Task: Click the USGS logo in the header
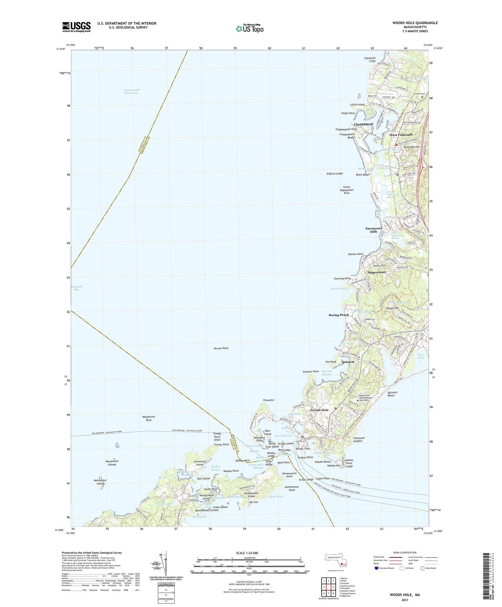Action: (x=76, y=26)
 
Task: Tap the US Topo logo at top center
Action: (x=249, y=28)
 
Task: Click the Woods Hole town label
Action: (x=319, y=410)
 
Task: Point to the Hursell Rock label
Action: (x=221, y=348)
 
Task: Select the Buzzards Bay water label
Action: (x=76, y=288)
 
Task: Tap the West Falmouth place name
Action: (x=401, y=135)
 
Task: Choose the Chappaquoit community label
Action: (x=363, y=124)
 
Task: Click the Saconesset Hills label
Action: (x=373, y=230)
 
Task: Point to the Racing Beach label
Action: (x=339, y=315)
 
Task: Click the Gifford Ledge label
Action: (x=335, y=173)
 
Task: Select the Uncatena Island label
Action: (x=199, y=463)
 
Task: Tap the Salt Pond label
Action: (x=421, y=356)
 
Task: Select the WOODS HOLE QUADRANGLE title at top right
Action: (x=410, y=23)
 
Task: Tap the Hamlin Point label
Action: (x=355, y=254)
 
